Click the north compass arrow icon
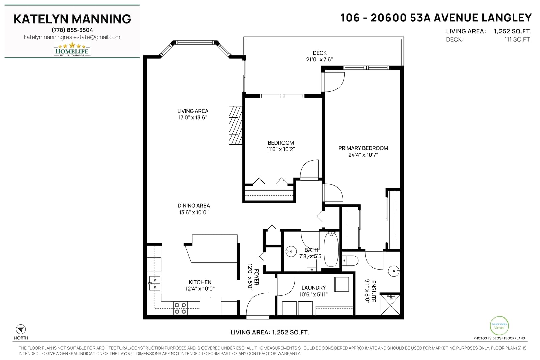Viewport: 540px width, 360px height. click(x=21, y=329)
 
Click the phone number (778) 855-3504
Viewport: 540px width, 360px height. click(x=72, y=30)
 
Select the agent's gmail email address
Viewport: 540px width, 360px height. click(x=72, y=37)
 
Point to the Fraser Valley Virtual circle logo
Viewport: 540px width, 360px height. click(x=499, y=326)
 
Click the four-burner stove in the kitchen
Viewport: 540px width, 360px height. click(x=180, y=308)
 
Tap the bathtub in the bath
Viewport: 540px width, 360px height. click(x=331, y=249)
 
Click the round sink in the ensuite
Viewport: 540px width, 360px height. click(x=394, y=271)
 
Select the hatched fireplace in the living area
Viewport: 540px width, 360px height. click(x=236, y=125)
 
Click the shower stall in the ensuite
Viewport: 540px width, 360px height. click(x=390, y=305)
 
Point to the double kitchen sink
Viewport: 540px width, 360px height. click(x=155, y=283)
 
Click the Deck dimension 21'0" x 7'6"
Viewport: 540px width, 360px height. click(x=319, y=59)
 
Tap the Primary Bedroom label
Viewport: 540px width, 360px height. click(x=363, y=148)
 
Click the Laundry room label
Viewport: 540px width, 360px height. click(x=314, y=288)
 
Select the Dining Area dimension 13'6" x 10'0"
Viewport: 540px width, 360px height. click(x=194, y=212)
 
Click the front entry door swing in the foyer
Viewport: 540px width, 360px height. click(x=258, y=304)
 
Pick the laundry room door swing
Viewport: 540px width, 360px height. click(x=285, y=287)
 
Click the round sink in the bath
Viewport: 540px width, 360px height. click(x=291, y=251)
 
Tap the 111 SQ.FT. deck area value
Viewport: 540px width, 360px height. click(x=518, y=39)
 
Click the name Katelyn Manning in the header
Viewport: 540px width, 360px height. click(x=72, y=19)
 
